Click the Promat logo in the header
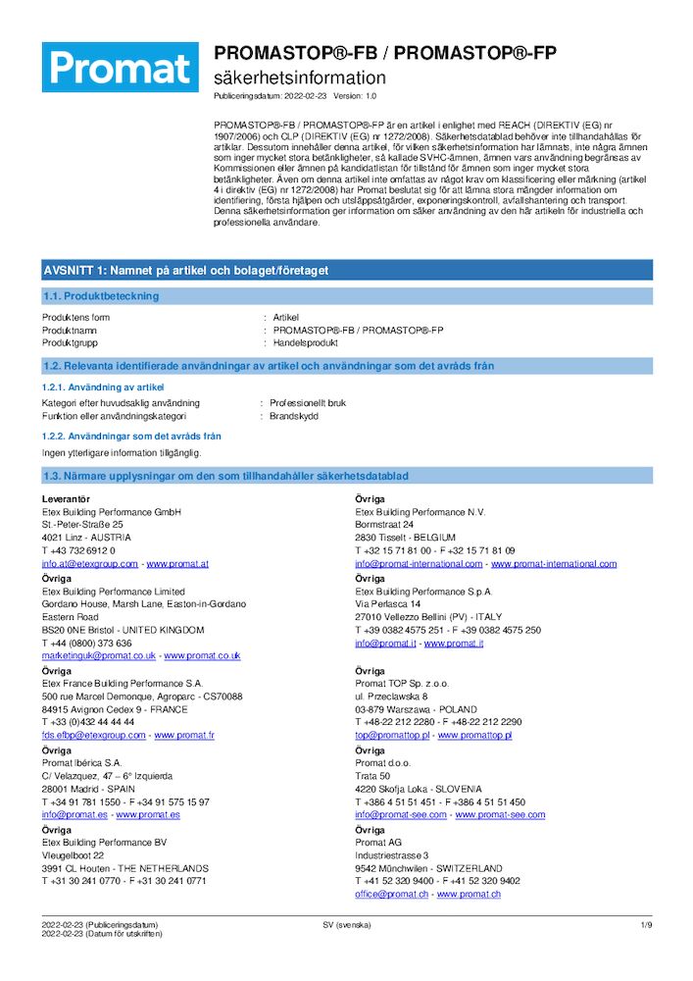(x=120, y=67)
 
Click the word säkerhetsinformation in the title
(x=300, y=77)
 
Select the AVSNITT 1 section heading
(x=185, y=270)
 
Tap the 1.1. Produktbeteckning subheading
(x=101, y=296)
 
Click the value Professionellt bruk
(x=309, y=403)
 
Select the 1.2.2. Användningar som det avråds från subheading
(x=131, y=436)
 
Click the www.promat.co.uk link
(x=202, y=655)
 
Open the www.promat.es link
(x=147, y=814)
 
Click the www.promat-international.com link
(x=554, y=564)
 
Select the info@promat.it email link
(x=385, y=644)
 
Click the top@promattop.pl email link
(x=392, y=735)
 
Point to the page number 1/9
(x=646, y=925)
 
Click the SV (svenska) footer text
(x=346, y=925)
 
